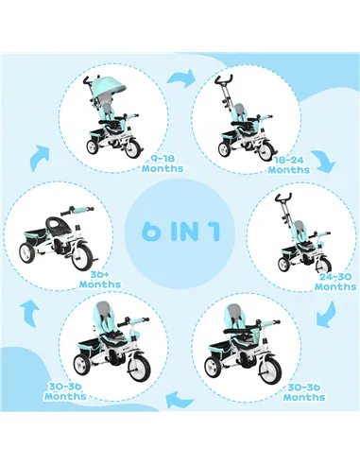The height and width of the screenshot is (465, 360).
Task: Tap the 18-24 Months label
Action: [288, 164]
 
